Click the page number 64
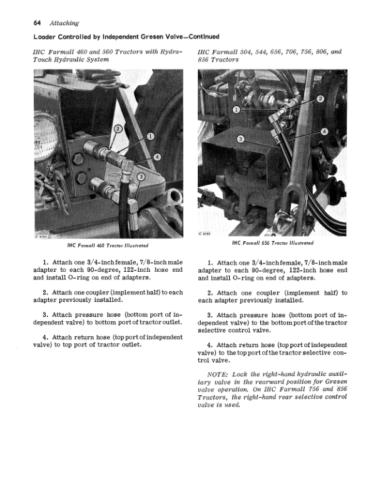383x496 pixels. click(x=37, y=23)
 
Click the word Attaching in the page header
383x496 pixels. click(x=64, y=23)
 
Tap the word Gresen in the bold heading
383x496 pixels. click(x=152, y=37)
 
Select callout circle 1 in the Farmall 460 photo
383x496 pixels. click(x=150, y=137)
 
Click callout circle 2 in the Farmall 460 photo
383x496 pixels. click(x=118, y=129)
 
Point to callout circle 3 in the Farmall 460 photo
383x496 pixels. click(x=141, y=177)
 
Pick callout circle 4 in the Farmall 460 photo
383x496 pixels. click(x=157, y=157)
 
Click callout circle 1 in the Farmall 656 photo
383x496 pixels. click(x=237, y=110)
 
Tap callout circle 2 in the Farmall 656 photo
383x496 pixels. click(x=320, y=99)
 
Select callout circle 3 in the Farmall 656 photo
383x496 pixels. click(x=241, y=139)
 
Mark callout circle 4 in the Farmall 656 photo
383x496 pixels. click(x=324, y=132)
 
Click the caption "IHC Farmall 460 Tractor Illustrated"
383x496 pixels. click(x=108, y=245)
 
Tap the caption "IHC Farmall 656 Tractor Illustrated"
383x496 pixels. click(x=273, y=243)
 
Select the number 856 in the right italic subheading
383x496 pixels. click(x=204, y=59)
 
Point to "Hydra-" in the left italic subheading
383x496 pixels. click(x=172, y=51)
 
